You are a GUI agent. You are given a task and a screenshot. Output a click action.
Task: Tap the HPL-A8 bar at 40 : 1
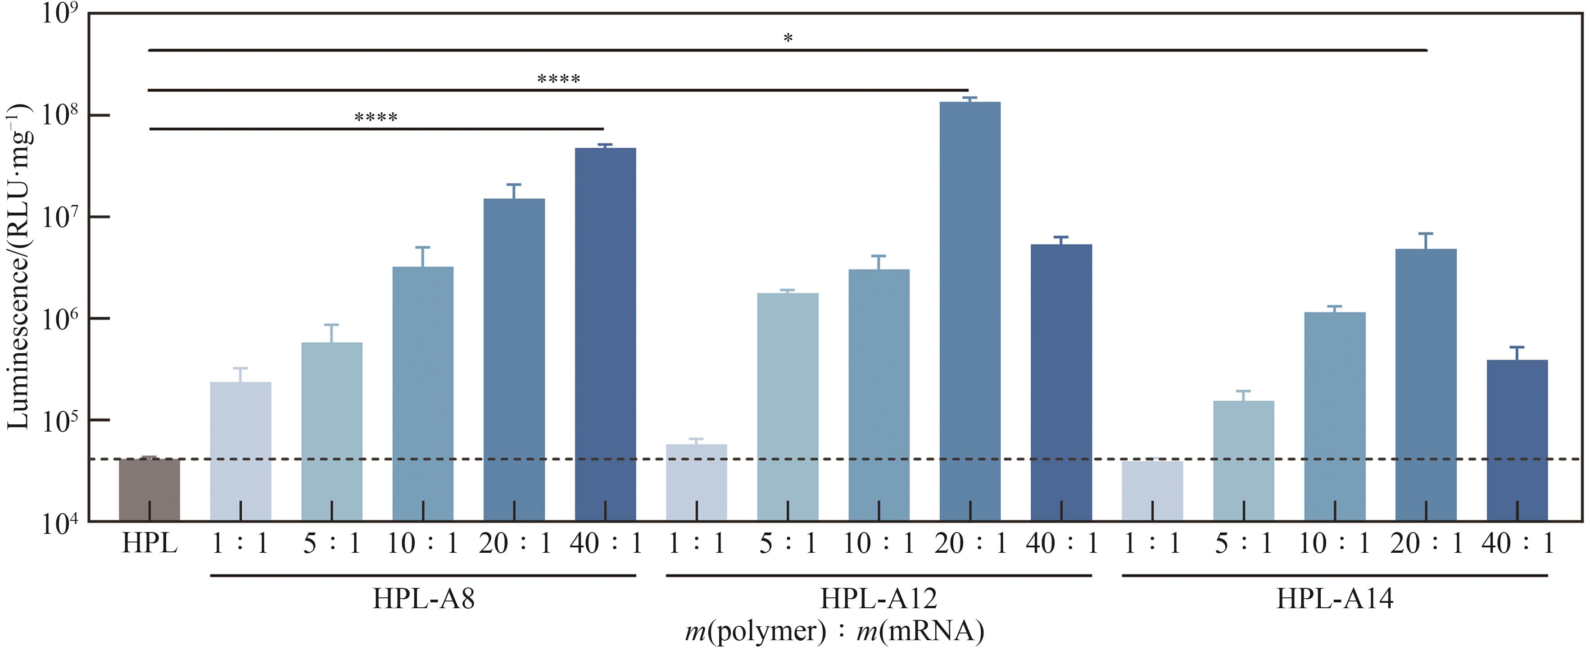(605, 333)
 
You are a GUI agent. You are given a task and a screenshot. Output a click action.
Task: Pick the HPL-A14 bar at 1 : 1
(1152, 491)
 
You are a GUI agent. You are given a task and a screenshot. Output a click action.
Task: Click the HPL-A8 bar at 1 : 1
(241, 451)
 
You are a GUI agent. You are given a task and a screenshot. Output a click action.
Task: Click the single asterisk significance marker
(788, 39)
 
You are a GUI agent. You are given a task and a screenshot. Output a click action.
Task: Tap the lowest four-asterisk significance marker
(376, 117)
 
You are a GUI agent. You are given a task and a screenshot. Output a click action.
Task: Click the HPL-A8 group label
(423, 598)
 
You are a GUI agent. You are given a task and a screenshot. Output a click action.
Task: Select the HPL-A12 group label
(879, 598)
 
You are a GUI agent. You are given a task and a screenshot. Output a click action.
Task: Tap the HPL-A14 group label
(1335, 598)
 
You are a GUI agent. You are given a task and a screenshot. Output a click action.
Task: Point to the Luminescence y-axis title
(18, 266)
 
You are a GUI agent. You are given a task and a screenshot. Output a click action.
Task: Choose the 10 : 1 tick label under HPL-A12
(879, 543)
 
